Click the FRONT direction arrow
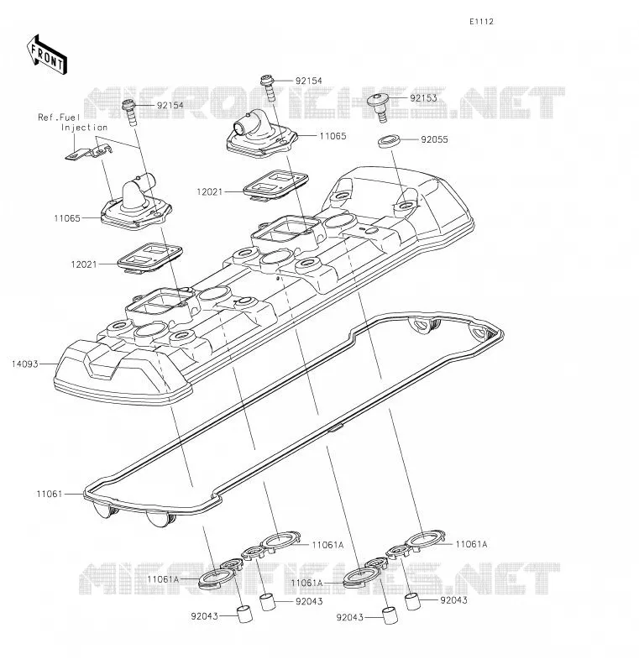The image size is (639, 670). coord(46,55)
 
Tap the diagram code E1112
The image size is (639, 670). coord(481,22)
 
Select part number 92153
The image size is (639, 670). coord(423,98)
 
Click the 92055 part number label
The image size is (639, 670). coord(434,139)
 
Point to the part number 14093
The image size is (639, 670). coord(25,364)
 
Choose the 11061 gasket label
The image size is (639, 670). coord(50,494)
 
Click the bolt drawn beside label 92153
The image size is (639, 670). coord(380,107)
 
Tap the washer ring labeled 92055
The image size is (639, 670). coord(389,140)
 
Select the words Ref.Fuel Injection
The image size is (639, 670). coord(72,123)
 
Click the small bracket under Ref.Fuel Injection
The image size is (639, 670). coord(88,152)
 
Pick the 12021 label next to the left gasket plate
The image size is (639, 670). coord(84,264)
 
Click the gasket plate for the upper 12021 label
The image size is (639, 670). coord(275,185)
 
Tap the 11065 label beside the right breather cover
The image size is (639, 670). coord(333,136)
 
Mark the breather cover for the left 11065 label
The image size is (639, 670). coord(136,204)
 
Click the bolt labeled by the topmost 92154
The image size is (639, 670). coord(268,87)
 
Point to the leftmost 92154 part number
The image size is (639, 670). coord(170,106)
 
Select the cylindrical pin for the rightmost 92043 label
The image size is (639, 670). coord(412,601)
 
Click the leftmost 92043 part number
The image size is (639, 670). coord(204,616)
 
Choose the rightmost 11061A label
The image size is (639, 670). coord(471,544)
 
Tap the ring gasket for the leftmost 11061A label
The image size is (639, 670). coord(217,579)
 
